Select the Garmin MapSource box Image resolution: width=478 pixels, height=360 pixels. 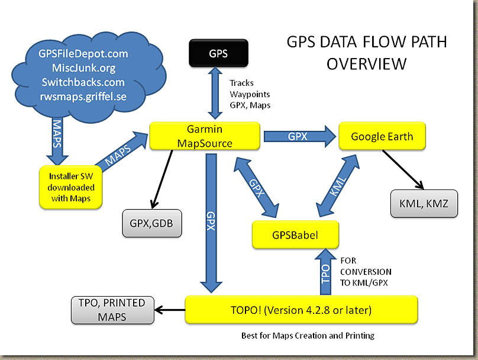coord(205,136)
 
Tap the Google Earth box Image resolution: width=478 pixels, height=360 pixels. coord(382,136)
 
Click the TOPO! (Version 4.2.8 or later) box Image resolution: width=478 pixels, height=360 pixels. coord(301,310)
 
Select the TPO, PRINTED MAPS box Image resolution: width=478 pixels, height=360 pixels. coord(111,310)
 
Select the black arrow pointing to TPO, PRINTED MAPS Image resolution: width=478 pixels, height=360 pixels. coord(170,310)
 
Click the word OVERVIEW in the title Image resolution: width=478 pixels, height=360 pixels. coord(366,63)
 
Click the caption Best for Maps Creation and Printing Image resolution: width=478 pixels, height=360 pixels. coord(308,336)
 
